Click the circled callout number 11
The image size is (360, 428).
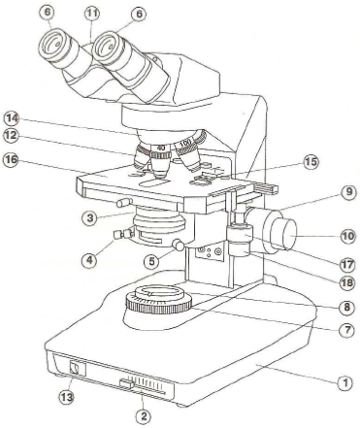(92, 14)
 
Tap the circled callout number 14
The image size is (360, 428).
(12, 118)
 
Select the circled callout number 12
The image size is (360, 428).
(12, 135)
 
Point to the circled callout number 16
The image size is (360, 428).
(11, 160)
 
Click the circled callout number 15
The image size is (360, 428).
(311, 161)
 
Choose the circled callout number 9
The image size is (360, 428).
(348, 192)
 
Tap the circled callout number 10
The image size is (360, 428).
(348, 236)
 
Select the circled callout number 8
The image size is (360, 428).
(346, 307)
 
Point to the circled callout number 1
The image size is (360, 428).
(344, 383)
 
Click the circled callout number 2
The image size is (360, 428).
(144, 415)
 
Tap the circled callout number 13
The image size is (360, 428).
(66, 397)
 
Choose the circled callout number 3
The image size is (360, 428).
(90, 217)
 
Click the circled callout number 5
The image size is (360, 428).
(151, 262)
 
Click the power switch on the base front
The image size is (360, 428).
(76, 368)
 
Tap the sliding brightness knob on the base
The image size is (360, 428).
(126, 384)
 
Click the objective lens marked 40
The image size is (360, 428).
(159, 161)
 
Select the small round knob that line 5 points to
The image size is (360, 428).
(180, 245)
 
